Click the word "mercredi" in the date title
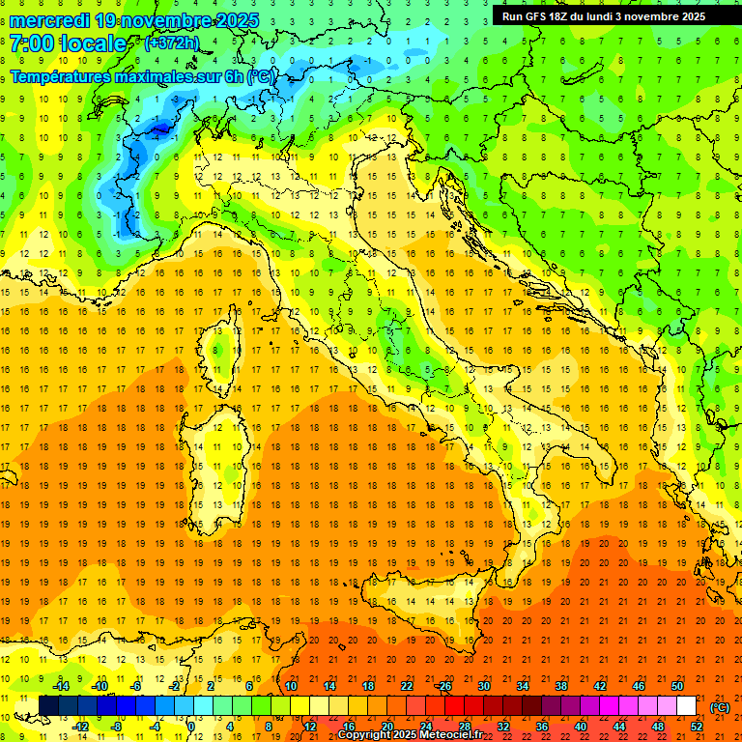tap(49, 20)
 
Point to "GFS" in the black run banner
tap(540, 15)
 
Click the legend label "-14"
tap(60, 686)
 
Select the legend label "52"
tap(697, 727)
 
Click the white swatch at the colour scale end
tap(686, 706)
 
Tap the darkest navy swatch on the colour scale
tap(48, 706)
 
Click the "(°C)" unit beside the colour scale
tap(720, 707)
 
